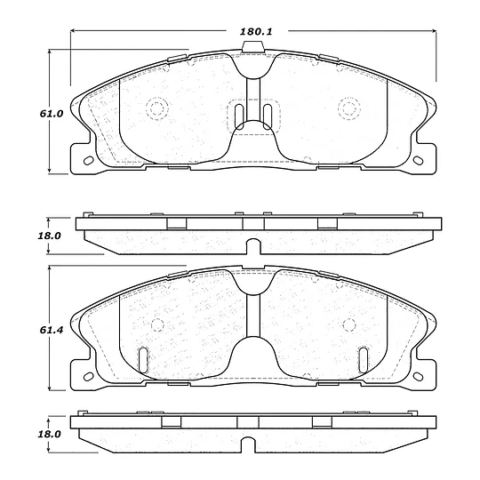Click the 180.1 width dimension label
(256, 31)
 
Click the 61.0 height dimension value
(52, 114)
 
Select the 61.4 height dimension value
(52, 330)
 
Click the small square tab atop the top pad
(252, 46)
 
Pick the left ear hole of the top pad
(89, 160)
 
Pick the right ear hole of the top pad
(418, 160)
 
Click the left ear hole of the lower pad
(89, 376)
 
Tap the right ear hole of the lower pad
(418, 376)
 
